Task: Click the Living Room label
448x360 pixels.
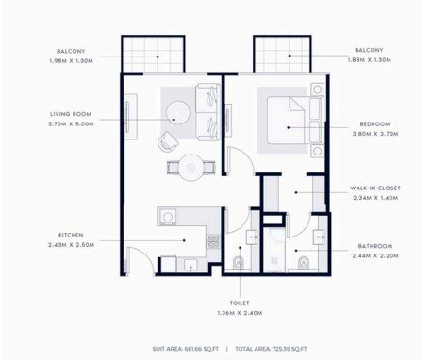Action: (x=71, y=114)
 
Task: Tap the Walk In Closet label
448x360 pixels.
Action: (x=375, y=188)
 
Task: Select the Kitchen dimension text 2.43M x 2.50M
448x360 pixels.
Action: (x=71, y=245)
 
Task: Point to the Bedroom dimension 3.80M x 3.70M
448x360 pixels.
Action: (x=375, y=134)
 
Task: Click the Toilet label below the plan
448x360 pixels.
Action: (x=240, y=303)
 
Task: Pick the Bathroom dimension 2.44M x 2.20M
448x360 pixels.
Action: (x=375, y=256)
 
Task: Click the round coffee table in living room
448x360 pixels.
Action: (x=178, y=112)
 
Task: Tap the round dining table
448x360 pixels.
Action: (x=191, y=168)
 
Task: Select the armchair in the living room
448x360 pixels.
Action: (x=168, y=142)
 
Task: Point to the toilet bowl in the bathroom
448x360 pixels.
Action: (x=304, y=263)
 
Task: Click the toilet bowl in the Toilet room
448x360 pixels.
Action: (x=239, y=262)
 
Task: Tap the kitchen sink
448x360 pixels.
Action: (x=191, y=265)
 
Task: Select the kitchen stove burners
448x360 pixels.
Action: (x=213, y=241)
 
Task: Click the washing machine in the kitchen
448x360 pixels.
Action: (x=168, y=217)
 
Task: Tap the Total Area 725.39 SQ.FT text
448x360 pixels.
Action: (x=271, y=349)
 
